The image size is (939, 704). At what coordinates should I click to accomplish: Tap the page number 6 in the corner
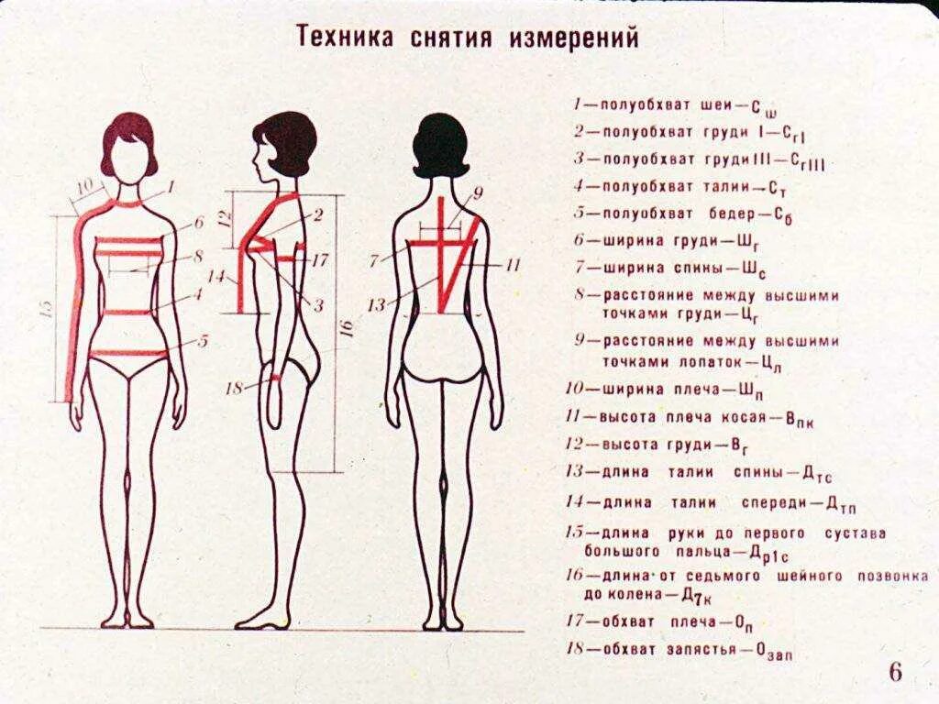895,672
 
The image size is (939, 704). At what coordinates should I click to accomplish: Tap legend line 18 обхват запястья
679,651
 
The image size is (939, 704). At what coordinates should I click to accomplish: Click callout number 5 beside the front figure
203,341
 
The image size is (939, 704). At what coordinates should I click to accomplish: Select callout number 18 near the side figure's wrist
235,388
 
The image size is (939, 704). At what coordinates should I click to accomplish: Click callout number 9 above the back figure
477,192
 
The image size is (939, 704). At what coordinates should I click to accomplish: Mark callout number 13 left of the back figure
376,305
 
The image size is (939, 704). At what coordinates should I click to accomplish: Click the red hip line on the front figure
128,353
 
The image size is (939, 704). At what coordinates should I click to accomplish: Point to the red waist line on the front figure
128,313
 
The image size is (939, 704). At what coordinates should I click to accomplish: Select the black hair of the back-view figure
441,143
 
